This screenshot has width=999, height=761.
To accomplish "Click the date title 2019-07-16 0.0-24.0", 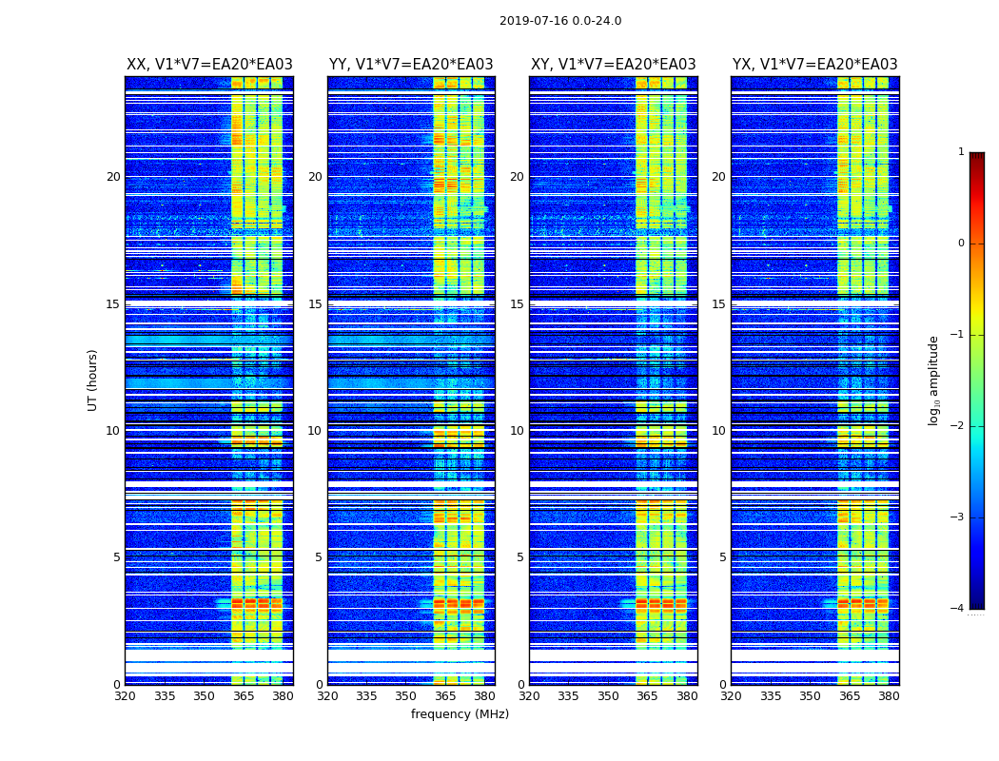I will [560, 21].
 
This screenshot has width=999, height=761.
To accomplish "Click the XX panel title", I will [209, 65].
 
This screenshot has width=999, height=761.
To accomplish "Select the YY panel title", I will [411, 65].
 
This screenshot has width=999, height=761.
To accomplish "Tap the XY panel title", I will [614, 65].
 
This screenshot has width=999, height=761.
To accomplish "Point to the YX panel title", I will [815, 65].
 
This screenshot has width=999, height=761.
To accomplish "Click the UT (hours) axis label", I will [93, 380].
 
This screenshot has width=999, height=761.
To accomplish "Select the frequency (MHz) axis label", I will [460, 714].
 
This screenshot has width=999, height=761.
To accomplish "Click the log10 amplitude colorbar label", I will [934, 380].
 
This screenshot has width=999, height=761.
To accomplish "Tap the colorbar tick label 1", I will [961, 152].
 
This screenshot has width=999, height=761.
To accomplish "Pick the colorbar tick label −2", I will [959, 426].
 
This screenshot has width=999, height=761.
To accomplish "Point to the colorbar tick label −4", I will [959, 609].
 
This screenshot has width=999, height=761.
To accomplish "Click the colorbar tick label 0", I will [961, 244].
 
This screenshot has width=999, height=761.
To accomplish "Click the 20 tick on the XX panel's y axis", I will [113, 177].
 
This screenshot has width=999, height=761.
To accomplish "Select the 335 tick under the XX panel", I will [165, 696].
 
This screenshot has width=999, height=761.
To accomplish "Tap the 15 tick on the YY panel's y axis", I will [315, 304].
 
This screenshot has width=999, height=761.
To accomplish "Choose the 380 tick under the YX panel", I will [889, 696].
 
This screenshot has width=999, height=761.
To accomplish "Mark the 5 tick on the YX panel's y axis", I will [722, 557].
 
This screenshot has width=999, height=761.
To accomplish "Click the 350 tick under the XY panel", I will [608, 696].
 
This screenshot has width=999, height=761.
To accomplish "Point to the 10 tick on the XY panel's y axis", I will [517, 431].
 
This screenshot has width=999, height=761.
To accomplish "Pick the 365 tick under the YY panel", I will [445, 696].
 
